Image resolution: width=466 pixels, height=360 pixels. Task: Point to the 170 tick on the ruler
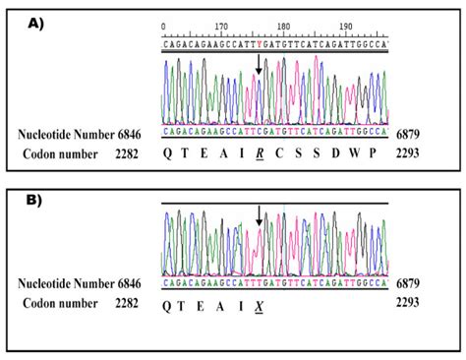(x=222, y=27)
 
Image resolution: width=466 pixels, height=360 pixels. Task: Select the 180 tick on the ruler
(x=284, y=27)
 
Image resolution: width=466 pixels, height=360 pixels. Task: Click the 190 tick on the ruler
(x=346, y=27)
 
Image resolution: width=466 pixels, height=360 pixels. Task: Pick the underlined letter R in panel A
(x=260, y=152)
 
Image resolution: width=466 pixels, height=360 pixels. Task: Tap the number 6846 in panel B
(x=128, y=283)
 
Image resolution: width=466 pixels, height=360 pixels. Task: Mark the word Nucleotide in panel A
(x=48, y=132)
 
